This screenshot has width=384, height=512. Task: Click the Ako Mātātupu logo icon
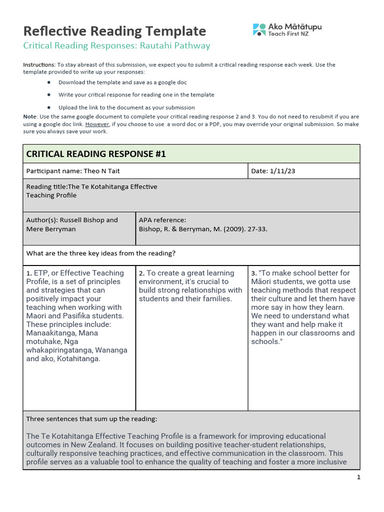pos(259,29)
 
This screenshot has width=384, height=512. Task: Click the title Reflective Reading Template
pos(114,31)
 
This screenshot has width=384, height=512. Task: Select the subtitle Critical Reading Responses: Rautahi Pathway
pos(116,46)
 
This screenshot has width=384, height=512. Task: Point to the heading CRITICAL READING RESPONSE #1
pos(95,154)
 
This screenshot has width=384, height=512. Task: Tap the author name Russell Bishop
pos(83,220)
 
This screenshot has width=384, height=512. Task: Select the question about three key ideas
pos(100,253)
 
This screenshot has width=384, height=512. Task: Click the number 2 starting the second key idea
pos(141,273)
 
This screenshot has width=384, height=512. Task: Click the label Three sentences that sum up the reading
pos(91,419)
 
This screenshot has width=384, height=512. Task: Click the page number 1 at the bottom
pos(358,477)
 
